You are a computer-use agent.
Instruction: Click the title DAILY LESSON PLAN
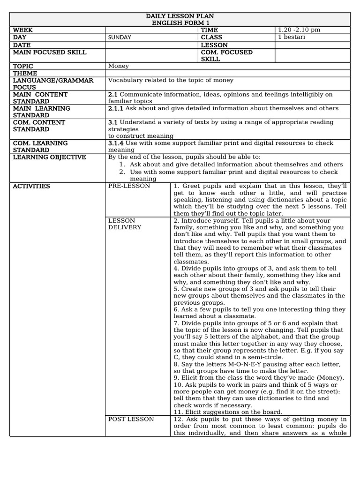180,16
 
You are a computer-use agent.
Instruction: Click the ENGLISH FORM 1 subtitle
180,23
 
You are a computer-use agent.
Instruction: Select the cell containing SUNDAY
120,37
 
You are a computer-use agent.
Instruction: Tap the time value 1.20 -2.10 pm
299,30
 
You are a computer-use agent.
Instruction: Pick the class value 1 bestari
292,37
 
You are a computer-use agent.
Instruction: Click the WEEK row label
23,30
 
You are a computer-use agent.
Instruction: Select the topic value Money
118,66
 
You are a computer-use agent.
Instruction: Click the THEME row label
25,73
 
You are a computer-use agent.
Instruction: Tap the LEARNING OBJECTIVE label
49,157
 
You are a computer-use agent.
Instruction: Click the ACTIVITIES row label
31,186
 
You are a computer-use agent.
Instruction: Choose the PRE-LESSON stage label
129,186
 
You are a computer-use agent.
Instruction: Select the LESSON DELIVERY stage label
125,224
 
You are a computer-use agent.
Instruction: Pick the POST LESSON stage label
131,419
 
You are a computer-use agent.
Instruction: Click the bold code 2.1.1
116,108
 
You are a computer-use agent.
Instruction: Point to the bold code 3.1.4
116,143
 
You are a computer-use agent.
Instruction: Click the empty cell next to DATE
151,45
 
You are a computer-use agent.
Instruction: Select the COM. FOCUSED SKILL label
226,56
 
